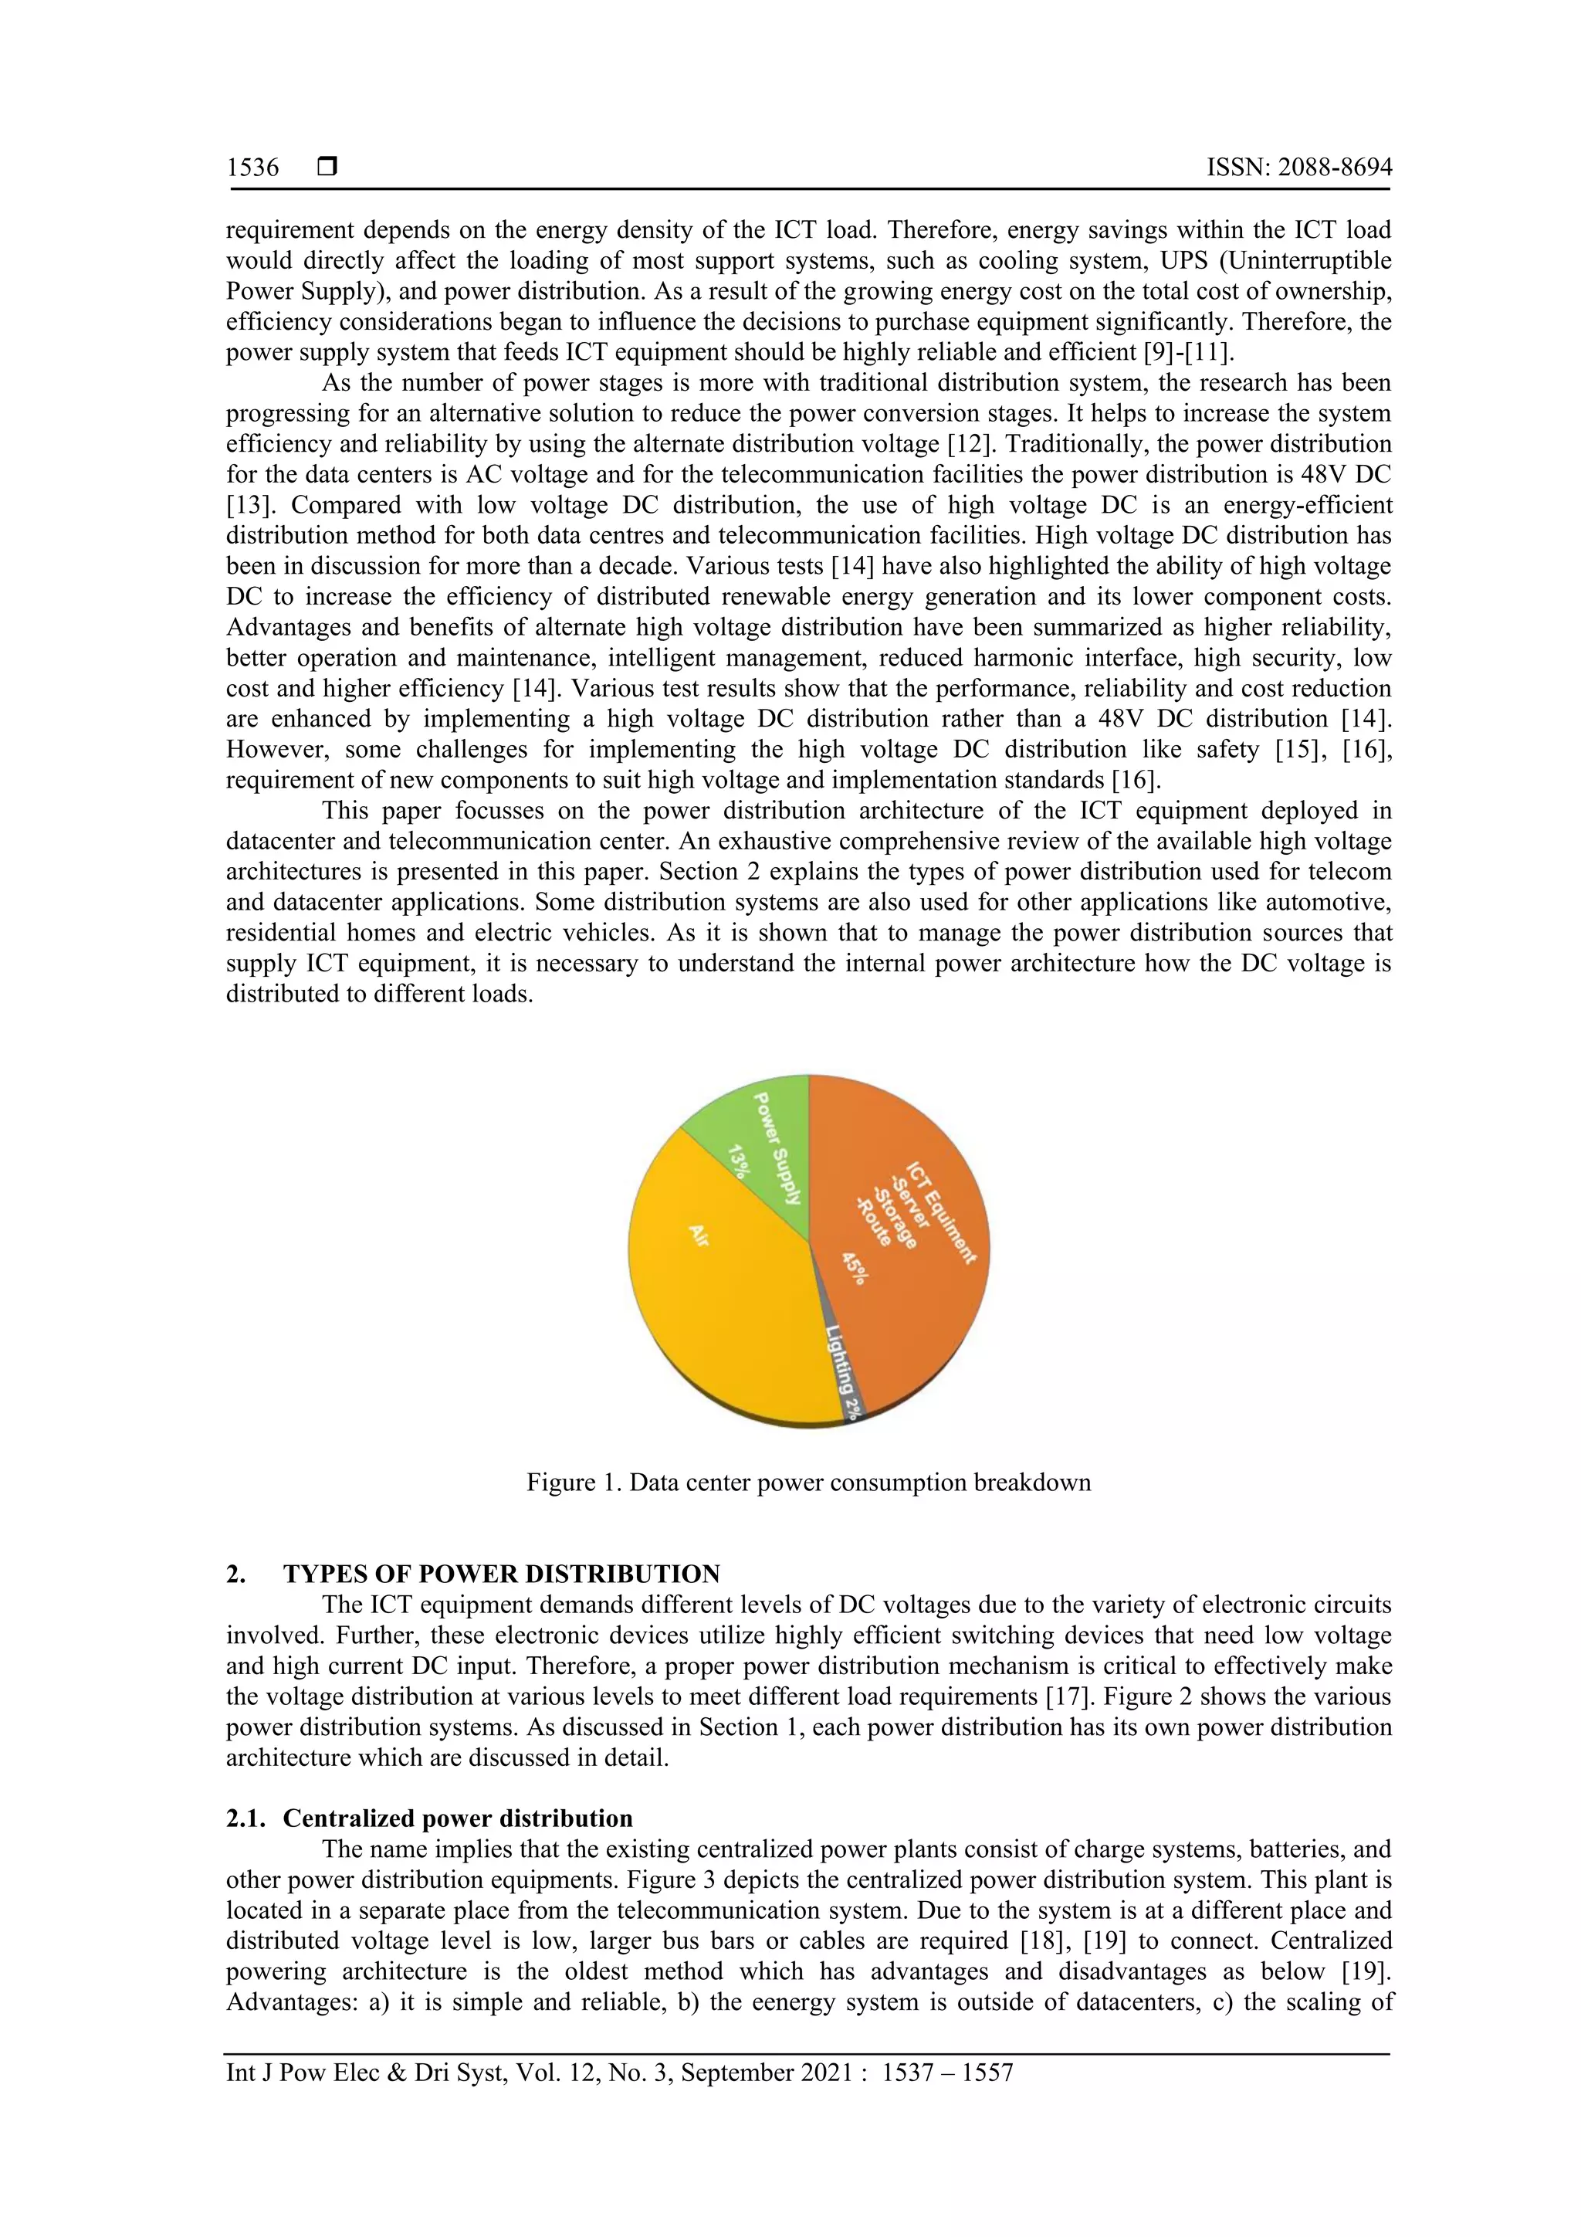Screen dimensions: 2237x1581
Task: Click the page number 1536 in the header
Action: coord(252,168)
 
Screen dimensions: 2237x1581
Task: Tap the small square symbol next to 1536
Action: coord(327,168)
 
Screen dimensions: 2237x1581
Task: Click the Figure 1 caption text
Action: coord(808,1483)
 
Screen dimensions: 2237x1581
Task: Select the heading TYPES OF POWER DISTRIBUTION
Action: coord(502,1574)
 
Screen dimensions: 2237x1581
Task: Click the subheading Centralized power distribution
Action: coord(458,1818)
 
